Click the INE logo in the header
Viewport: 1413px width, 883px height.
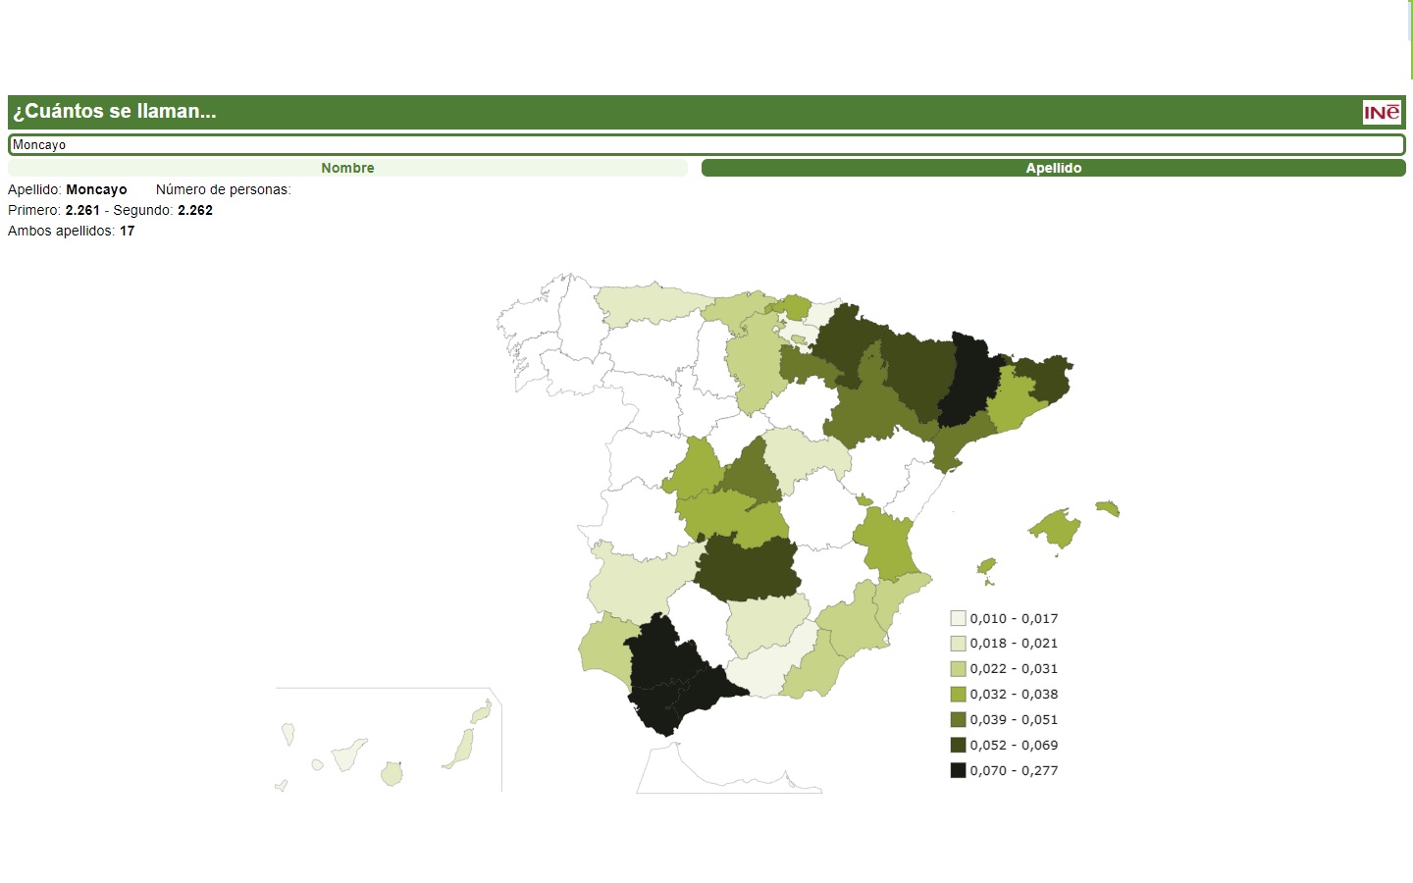(x=1382, y=112)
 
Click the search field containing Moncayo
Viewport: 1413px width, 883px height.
(x=706, y=145)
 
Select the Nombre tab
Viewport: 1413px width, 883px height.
(x=347, y=168)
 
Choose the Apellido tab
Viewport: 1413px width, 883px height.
(x=1053, y=168)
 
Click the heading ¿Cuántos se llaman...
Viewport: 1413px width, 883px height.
(x=115, y=112)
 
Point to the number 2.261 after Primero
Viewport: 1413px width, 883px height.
(x=82, y=210)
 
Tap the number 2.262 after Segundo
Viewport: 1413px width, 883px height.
(x=195, y=210)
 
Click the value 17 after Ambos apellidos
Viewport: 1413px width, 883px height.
(x=128, y=231)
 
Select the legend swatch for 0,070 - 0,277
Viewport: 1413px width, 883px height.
(x=958, y=770)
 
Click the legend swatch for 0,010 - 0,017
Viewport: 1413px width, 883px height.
(x=958, y=618)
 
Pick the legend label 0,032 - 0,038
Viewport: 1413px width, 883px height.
(x=1014, y=694)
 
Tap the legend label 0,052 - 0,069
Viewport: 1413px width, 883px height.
(x=1014, y=745)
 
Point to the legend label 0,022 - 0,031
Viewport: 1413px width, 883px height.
(x=1014, y=668)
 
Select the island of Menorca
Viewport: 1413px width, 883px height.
(x=1108, y=507)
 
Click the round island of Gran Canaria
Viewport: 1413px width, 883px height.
(x=392, y=774)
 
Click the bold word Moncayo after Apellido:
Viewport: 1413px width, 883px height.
(x=96, y=189)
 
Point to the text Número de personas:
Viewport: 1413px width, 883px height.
(x=223, y=189)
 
